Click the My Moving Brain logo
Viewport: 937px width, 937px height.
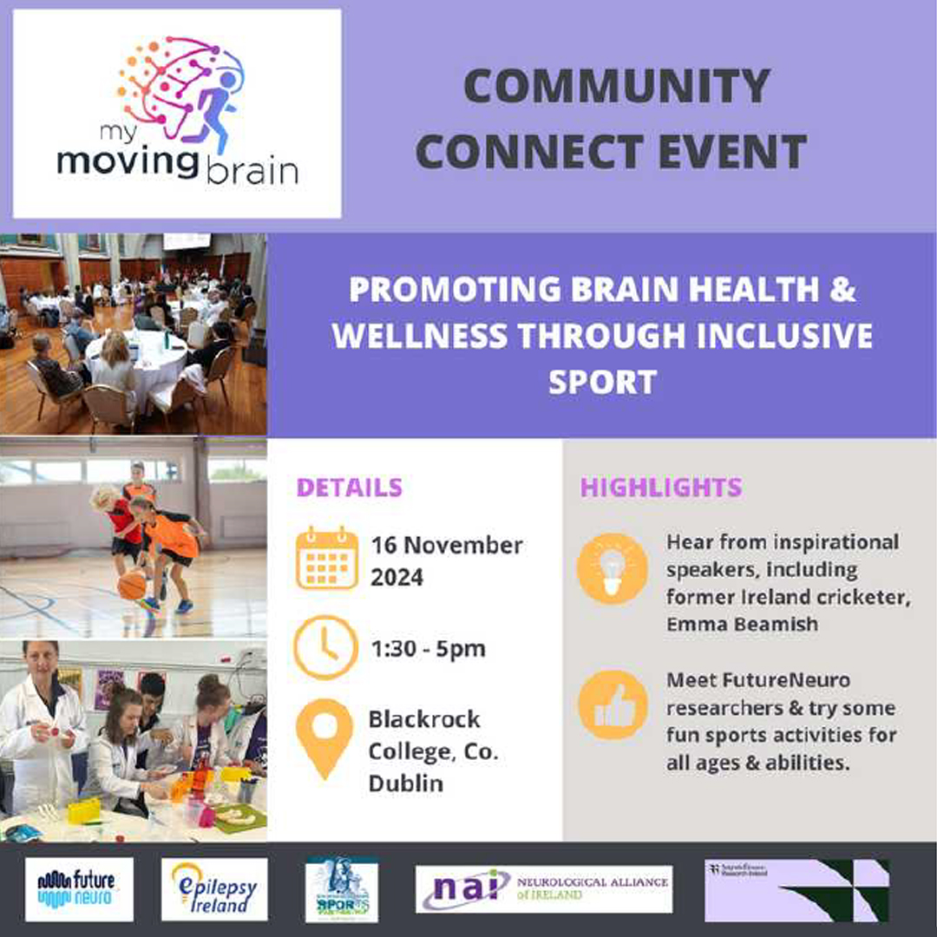point(177,113)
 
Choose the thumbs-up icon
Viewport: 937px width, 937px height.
point(613,705)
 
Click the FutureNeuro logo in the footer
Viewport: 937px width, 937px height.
point(79,889)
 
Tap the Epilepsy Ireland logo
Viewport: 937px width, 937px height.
point(214,889)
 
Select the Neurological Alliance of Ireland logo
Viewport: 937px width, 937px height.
point(544,889)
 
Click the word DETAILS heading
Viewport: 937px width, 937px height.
point(350,488)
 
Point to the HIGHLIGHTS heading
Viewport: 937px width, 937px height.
point(661,488)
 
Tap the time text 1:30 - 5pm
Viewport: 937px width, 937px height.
point(428,649)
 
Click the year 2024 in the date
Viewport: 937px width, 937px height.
point(396,577)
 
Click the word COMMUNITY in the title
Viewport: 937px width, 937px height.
point(617,86)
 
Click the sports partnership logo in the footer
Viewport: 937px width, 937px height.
point(341,889)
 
